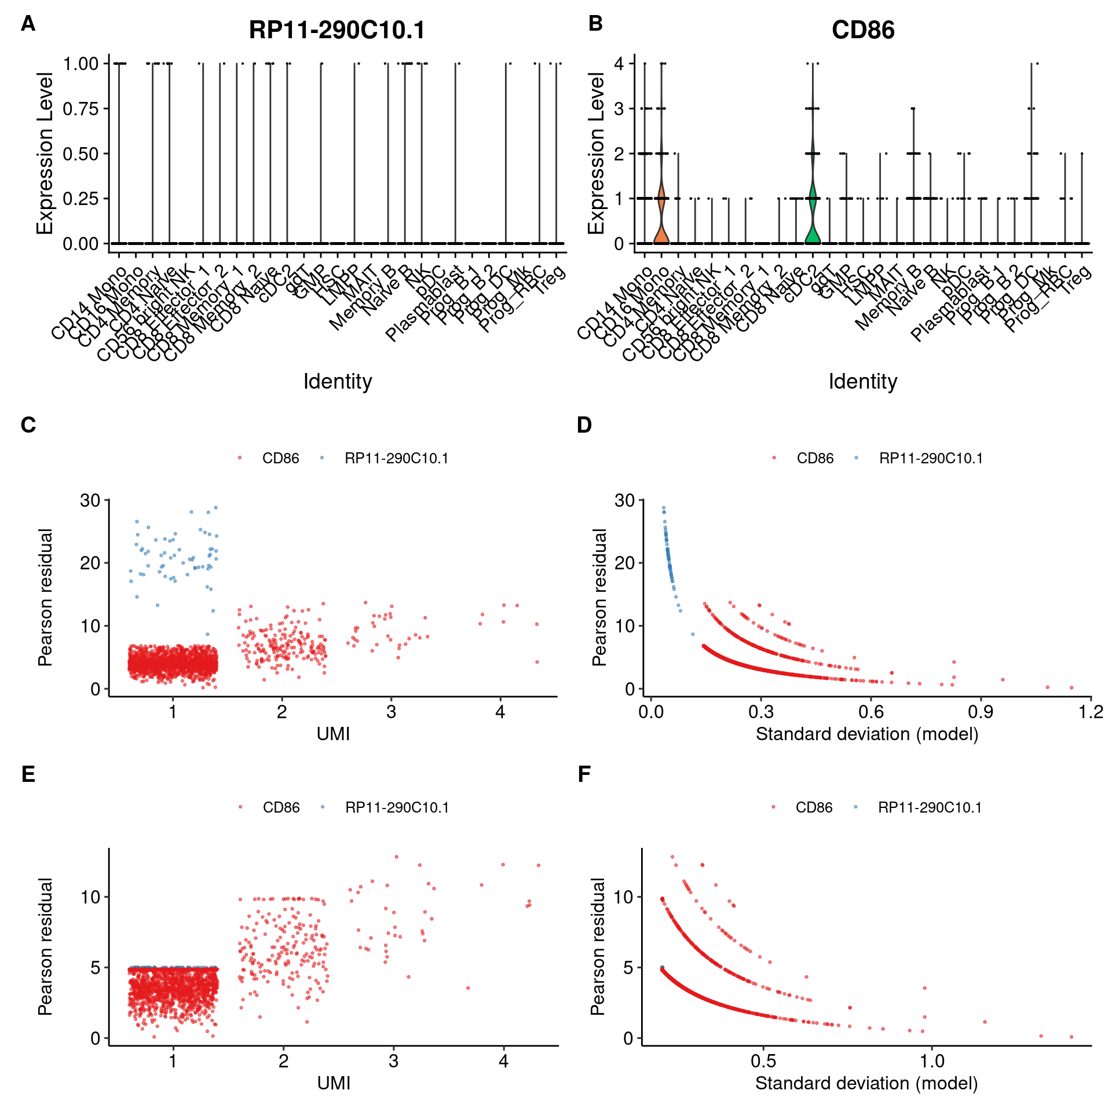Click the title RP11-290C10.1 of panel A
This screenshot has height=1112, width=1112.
(x=336, y=30)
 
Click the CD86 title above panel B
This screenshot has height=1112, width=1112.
(x=862, y=30)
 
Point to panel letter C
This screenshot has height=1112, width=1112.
(x=28, y=425)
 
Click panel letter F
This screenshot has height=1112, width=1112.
(x=584, y=774)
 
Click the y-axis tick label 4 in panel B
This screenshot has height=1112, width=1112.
(x=619, y=64)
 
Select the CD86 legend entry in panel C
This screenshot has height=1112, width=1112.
(x=280, y=459)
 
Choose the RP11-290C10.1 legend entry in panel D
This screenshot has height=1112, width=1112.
(x=931, y=459)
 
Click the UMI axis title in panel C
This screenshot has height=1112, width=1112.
(x=333, y=734)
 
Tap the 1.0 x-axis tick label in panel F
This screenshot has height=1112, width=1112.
(x=932, y=1061)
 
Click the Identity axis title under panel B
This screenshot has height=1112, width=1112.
(x=862, y=382)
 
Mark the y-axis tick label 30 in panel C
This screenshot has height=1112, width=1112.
(x=90, y=500)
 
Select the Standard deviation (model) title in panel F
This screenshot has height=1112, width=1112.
(x=866, y=1083)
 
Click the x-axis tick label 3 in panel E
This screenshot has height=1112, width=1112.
(x=393, y=1061)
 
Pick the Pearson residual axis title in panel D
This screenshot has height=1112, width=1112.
(x=599, y=597)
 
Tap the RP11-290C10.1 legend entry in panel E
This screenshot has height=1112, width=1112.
(x=397, y=808)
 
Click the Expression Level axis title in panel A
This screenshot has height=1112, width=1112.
(x=45, y=153)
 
